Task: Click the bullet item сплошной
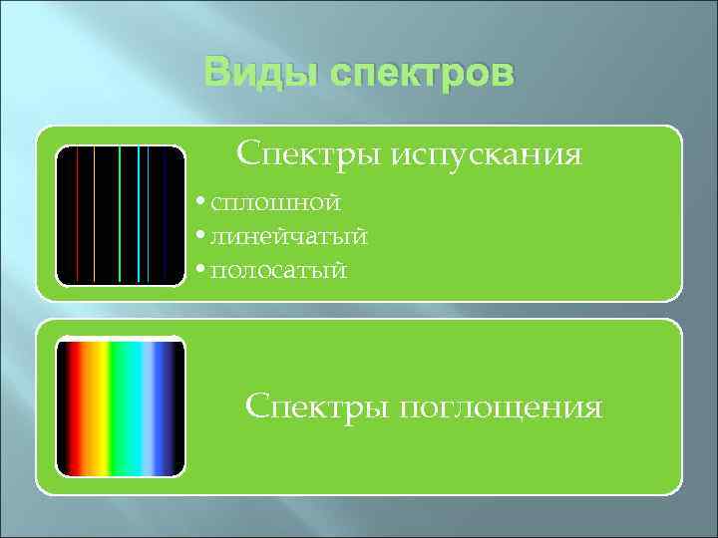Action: [275, 203]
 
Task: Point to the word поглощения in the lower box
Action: [501, 407]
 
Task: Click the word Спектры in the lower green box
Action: [304, 406]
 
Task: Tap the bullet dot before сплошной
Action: [201, 203]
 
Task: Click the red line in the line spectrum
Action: [78, 214]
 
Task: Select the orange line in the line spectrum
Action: [93, 214]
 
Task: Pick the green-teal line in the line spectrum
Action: [120, 214]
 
